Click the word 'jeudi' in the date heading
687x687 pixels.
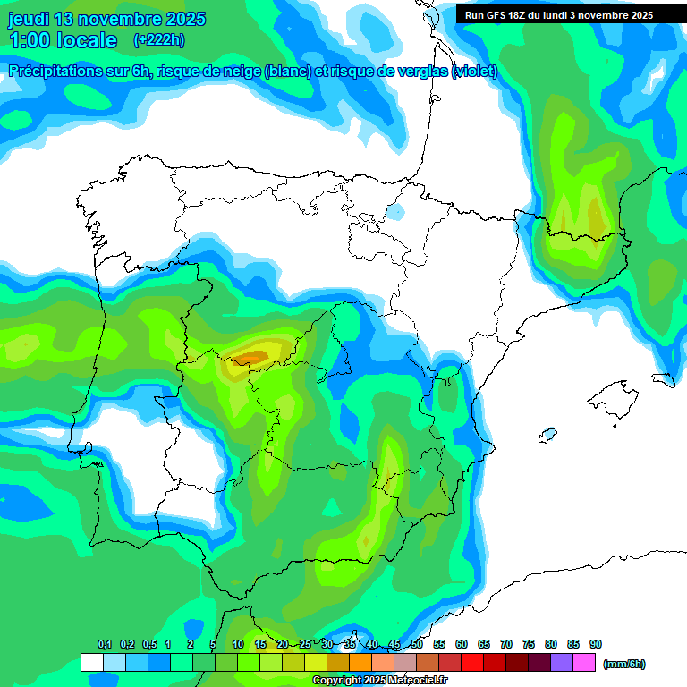[x=28, y=19]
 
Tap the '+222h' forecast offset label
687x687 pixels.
[x=159, y=39]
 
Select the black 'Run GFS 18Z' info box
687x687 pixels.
[x=558, y=14]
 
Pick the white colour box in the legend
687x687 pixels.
[x=91, y=663]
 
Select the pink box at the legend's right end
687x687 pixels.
[x=585, y=663]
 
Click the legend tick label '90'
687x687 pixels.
[x=596, y=644]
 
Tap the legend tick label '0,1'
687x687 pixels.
[x=104, y=644]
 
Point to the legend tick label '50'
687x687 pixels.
[x=417, y=644]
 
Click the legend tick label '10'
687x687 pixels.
[x=238, y=644]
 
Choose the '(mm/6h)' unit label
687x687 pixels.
[x=624, y=664]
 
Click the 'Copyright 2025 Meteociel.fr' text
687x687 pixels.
[x=380, y=681]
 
